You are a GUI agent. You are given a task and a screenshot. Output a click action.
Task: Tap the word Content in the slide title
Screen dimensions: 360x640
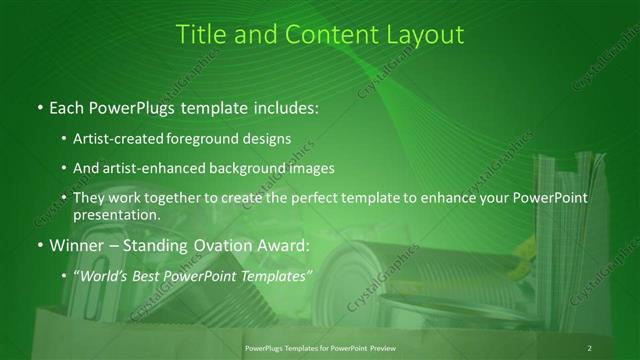[325, 34]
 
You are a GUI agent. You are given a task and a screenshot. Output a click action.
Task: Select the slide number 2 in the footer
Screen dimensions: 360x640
[590, 347]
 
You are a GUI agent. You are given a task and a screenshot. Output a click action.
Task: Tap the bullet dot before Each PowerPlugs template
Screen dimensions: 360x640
[39, 105]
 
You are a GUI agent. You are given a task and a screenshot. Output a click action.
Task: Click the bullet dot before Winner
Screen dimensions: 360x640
[39, 244]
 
